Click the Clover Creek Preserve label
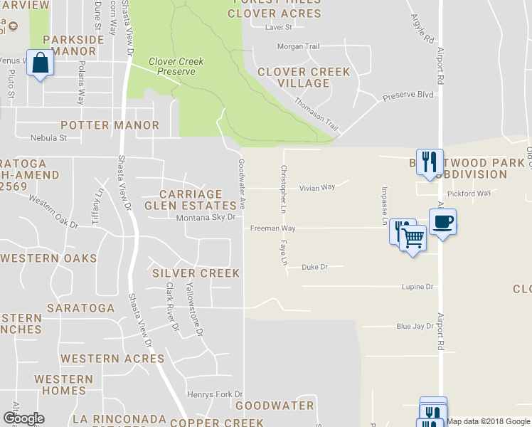(x=176, y=66)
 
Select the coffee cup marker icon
(x=442, y=222)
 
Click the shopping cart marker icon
(x=412, y=238)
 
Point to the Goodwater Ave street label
(x=242, y=184)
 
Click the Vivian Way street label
(x=317, y=188)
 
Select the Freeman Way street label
(x=272, y=228)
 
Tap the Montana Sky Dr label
(x=206, y=218)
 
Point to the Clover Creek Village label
(x=304, y=78)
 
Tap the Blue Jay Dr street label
(x=415, y=327)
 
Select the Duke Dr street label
(x=314, y=268)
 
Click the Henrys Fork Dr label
(x=215, y=394)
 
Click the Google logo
(x=23, y=418)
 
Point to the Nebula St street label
(x=48, y=138)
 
